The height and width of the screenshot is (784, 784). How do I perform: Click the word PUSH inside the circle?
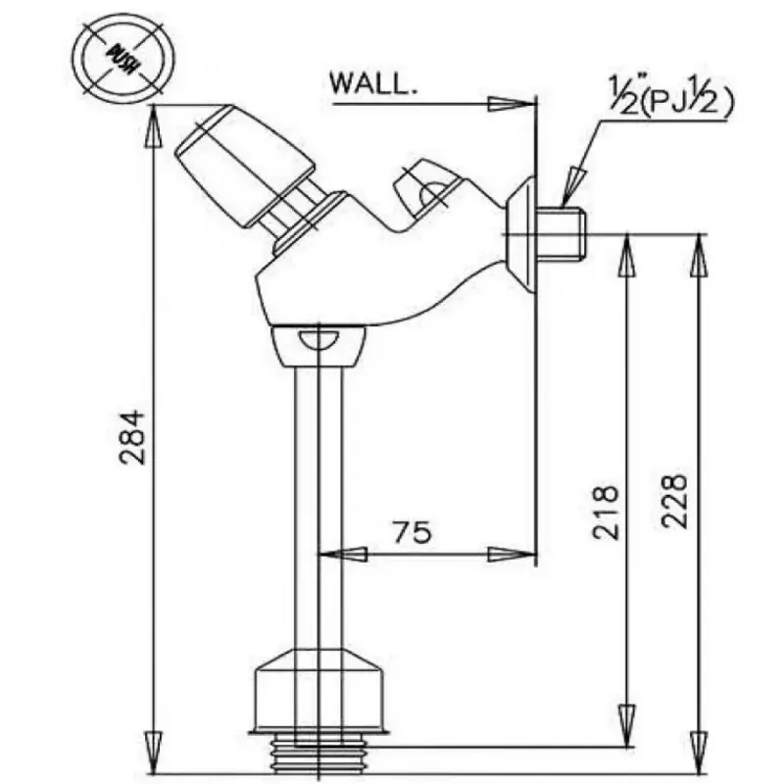tap(123, 58)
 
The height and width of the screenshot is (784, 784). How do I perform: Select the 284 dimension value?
tap(133, 437)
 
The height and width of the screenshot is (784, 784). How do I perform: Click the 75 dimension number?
tap(412, 531)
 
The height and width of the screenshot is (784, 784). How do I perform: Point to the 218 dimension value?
tap(606, 512)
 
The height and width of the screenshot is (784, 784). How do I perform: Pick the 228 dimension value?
tap(674, 501)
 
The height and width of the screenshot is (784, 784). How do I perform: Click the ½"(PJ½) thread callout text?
tap(671, 96)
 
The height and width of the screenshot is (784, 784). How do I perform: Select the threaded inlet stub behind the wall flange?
tap(561, 233)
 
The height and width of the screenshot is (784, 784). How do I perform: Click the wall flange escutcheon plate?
tap(521, 233)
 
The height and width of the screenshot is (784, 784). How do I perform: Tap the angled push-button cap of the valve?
tap(244, 165)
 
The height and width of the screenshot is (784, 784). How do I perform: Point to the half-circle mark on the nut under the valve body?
tap(318, 338)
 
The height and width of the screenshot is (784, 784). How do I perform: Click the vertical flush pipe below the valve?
tap(318, 508)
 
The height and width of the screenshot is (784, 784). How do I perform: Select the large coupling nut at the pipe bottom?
tap(319, 690)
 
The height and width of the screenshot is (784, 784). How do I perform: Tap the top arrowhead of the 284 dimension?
tap(153, 126)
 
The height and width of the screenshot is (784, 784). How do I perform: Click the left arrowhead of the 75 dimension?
tap(342, 554)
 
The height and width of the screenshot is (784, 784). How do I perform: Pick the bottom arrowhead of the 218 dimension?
tap(627, 726)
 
